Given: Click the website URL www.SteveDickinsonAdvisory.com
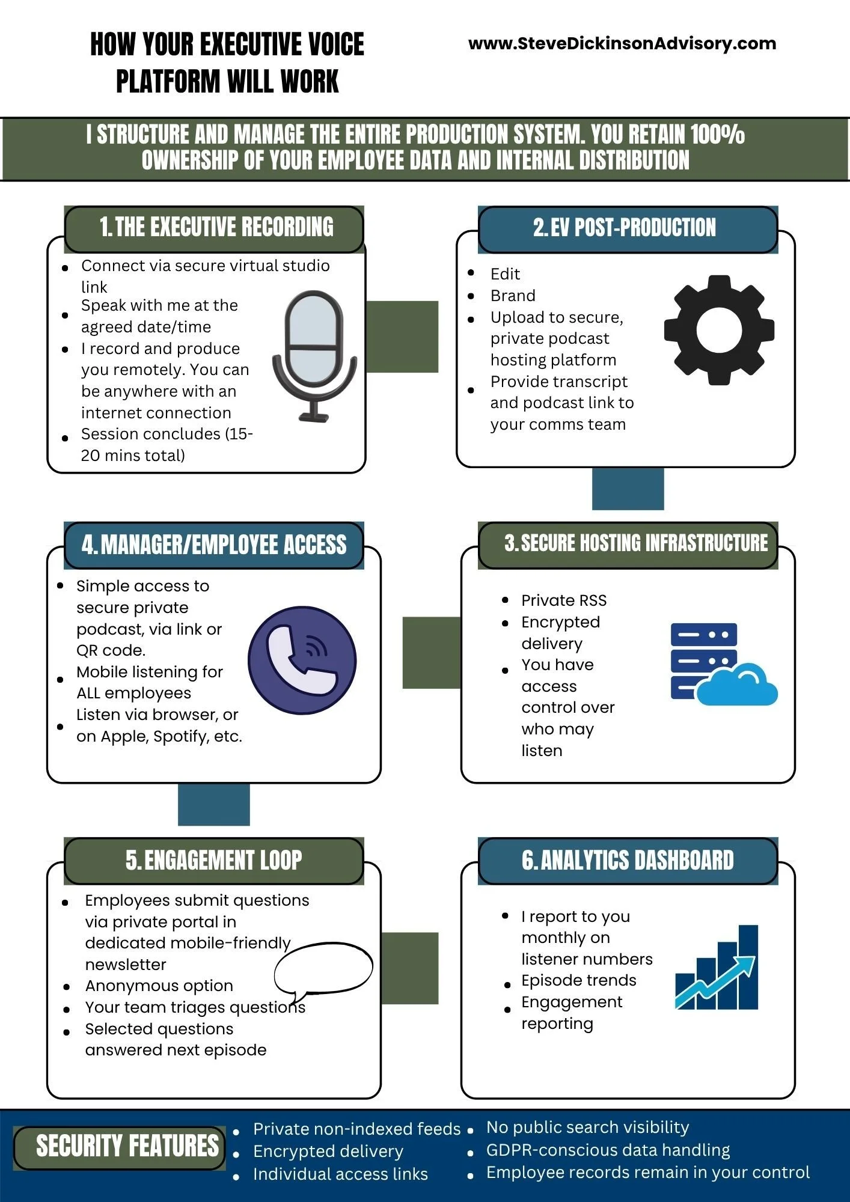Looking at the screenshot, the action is click(x=622, y=43).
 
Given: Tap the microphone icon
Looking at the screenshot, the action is click(x=314, y=355).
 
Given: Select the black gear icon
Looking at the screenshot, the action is click(x=719, y=331).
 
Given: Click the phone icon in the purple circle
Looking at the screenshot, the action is click(x=302, y=660).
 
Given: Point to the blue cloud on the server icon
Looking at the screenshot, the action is click(x=738, y=686).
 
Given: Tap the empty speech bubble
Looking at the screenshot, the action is click(x=323, y=968).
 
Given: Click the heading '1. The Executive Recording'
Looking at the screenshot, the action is click(x=216, y=228).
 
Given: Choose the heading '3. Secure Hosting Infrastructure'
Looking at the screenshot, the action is click(x=635, y=543).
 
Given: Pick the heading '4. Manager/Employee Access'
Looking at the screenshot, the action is click(x=214, y=545).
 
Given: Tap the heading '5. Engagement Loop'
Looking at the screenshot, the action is click(x=213, y=861).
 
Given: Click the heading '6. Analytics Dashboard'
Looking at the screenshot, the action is click(x=628, y=861).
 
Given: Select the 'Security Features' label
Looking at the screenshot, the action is click(x=127, y=1147).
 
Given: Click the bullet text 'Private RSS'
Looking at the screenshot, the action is click(x=564, y=600).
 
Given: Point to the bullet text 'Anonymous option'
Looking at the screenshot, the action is click(x=159, y=986).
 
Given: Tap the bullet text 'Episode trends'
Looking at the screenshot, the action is click(x=578, y=980).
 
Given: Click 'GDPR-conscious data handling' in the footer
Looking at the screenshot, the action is click(x=608, y=1150).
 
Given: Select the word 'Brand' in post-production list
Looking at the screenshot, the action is click(x=513, y=296).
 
